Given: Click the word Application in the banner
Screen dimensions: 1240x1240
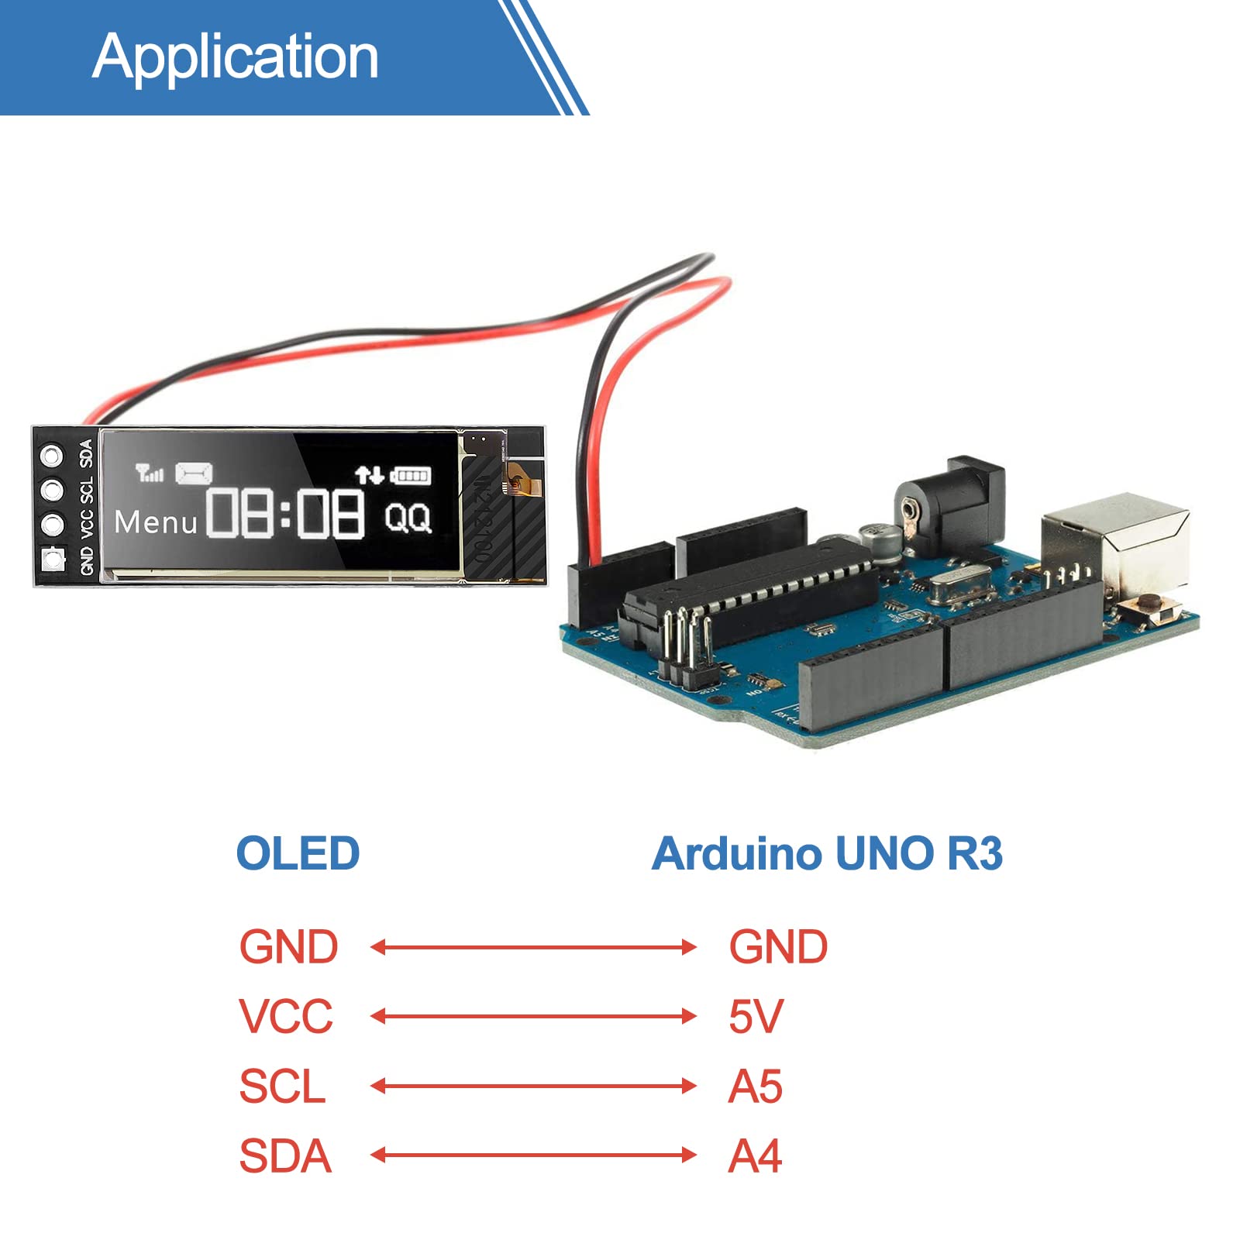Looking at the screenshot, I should pos(235,57).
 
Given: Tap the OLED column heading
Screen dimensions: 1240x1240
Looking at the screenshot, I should pos(298,853).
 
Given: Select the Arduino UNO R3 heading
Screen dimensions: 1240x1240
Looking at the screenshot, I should pos(827,853).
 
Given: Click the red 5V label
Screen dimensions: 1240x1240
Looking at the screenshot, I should pos(756,1016).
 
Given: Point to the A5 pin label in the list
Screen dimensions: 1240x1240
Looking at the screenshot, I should pos(755,1086).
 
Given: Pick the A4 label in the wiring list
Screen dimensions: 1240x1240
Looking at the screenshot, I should pos(755,1156).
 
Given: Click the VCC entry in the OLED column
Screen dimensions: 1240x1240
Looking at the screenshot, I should pos(285,1016).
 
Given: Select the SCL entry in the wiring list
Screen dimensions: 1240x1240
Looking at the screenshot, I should pos(282,1086).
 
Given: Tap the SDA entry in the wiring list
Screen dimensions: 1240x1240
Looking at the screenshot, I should pos(285,1156).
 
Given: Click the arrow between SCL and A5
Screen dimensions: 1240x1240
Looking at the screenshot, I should pos(533,1086).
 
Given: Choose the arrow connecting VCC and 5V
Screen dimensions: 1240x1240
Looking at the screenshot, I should pos(533,1016).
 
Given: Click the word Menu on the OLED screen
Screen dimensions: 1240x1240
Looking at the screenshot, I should pos(156,522).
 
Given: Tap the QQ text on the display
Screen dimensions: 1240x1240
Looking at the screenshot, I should pos(408,517).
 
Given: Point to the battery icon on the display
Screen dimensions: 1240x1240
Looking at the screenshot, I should pos(411,475).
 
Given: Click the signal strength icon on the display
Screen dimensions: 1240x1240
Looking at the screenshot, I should pos(149,472).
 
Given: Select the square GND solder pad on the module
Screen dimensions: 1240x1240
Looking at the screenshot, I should pos(53,558).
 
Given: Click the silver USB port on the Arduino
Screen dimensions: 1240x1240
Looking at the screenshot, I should pos(1116,542).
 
